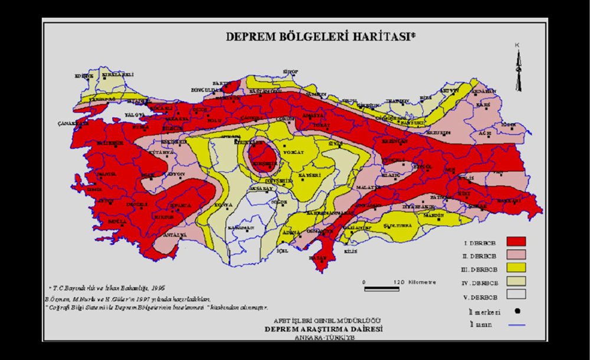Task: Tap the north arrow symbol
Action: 518,69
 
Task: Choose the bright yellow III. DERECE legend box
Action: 512,269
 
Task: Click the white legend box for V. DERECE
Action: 512,296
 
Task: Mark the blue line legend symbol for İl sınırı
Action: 512,324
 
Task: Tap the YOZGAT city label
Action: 293,152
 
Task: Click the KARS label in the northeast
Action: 483,104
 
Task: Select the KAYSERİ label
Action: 309,175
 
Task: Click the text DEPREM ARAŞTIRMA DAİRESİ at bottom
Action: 323,329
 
